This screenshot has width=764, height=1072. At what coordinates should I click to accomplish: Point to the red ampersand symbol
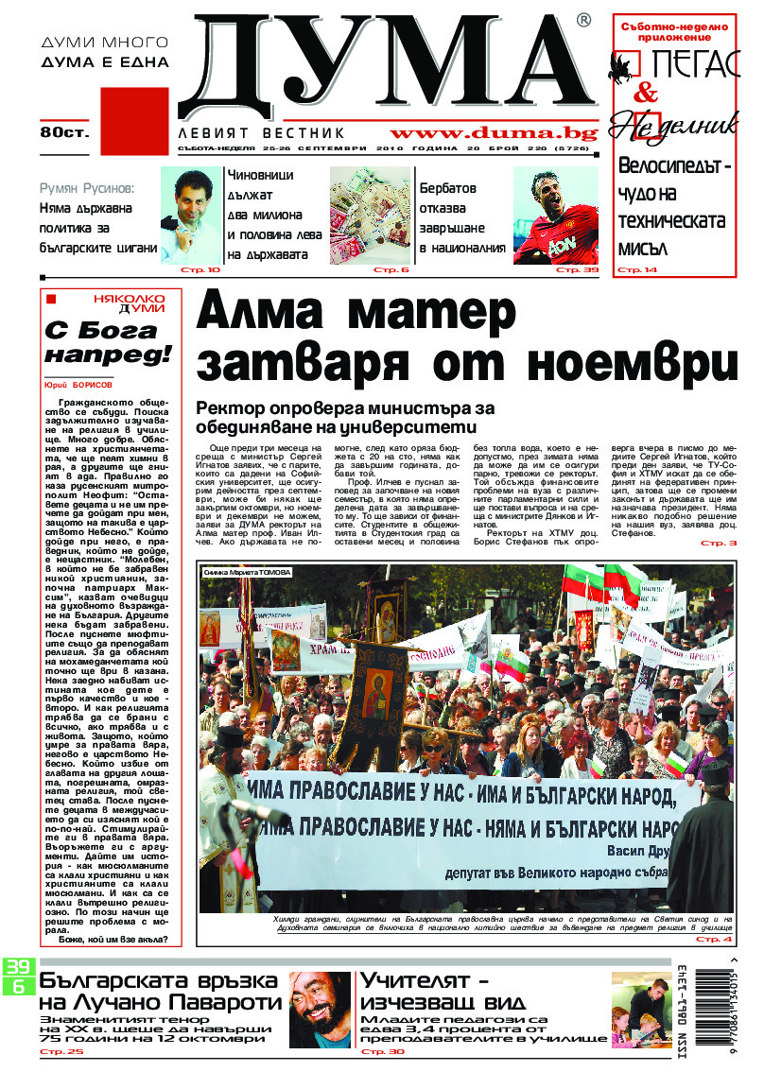click(x=645, y=93)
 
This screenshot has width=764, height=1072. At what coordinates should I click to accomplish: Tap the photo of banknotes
click(x=369, y=216)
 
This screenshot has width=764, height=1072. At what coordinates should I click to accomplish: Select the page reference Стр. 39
click(x=578, y=270)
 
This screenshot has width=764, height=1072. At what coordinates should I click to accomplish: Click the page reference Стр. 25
click(x=61, y=1051)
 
